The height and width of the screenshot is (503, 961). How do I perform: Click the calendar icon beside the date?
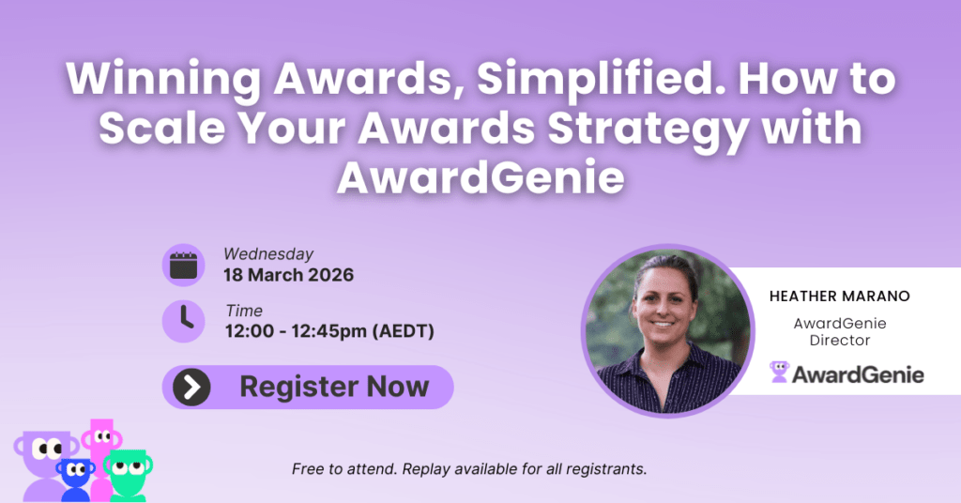[183, 266]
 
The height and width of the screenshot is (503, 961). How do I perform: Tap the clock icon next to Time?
[183, 320]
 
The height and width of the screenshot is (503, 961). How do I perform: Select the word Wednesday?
[268, 254]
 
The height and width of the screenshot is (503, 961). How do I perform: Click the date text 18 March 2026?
[289, 275]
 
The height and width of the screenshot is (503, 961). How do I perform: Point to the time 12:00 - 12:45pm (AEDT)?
[329, 331]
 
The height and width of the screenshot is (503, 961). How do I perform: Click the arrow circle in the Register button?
[191, 388]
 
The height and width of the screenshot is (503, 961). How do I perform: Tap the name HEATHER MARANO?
[840, 297]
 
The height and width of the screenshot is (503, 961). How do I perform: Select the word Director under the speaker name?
[840, 341]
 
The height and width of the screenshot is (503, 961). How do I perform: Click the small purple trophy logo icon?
[779, 372]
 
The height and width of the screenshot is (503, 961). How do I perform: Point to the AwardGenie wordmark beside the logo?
[858, 374]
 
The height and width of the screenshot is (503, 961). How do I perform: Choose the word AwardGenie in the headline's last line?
[480, 177]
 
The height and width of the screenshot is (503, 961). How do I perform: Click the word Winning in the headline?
[164, 81]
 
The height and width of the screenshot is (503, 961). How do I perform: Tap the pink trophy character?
[101, 453]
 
